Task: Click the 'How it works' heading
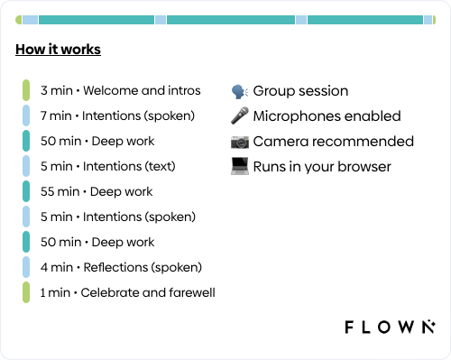(58, 50)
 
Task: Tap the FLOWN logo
(390, 327)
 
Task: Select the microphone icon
(240, 115)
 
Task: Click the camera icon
(240, 142)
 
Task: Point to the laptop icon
(240, 166)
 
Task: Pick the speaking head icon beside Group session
(240, 91)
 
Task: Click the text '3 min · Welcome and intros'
(121, 90)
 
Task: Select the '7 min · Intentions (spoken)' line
(117, 116)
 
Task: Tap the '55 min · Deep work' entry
(97, 192)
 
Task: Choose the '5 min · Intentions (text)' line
(108, 166)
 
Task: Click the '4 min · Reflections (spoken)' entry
(121, 267)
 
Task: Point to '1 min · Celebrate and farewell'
(128, 292)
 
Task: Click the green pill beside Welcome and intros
(26, 90)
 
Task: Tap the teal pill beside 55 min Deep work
(26, 191)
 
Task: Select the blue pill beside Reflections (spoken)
(26, 267)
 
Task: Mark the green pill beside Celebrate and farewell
(26, 292)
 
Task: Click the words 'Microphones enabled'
(327, 116)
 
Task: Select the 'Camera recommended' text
(334, 142)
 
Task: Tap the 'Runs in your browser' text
(322, 167)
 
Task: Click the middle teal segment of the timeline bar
(231, 20)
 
